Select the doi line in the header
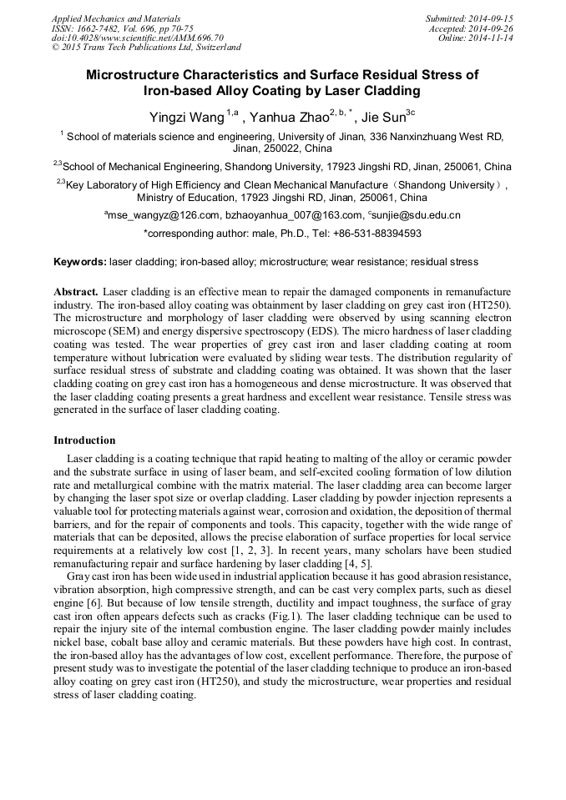137,38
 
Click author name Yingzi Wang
182,117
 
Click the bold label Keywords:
80,262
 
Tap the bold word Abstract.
76,292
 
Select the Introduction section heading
84,440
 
